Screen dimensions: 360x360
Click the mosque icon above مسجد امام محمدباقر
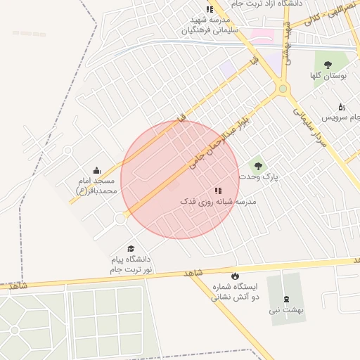pyautogui.click(x=96, y=170)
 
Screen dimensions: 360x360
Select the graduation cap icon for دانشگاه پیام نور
pyautogui.click(x=130, y=248)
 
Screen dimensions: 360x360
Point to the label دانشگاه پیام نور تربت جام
pyautogui.click(x=130, y=264)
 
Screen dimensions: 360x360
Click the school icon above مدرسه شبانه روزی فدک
pyautogui.click(x=218, y=191)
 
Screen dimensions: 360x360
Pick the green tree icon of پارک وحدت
pyautogui.click(x=258, y=166)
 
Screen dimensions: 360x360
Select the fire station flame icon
pyautogui.click(x=235, y=276)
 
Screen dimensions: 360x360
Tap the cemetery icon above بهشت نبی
pyautogui.click(x=285, y=300)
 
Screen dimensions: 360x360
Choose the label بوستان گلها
pyautogui.click(x=326, y=75)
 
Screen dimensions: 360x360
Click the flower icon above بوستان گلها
pyautogui.click(x=326, y=62)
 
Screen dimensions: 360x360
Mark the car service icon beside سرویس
pyautogui.click(x=342, y=107)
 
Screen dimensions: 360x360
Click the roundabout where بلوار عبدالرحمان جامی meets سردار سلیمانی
pyautogui.click(x=283, y=89)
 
